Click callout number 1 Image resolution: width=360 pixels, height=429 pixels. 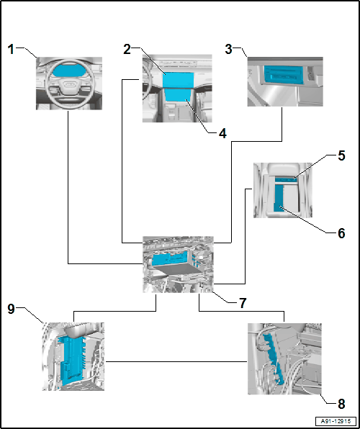[11, 50]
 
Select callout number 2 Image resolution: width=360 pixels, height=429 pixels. [127, 50]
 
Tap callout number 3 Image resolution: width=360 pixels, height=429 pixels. [229, 50]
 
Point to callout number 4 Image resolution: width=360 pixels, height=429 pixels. [222, 133]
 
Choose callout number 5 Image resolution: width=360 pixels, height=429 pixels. [341, 155]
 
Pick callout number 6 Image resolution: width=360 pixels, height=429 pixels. [341, 233]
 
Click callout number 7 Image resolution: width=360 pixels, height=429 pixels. [243, 303]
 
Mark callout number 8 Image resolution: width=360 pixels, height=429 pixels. [341, 404]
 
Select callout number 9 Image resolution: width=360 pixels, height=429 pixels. [11, 310]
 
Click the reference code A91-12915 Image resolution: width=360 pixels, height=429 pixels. [336, 420]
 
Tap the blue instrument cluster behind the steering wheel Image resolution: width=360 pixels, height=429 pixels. [67, 71]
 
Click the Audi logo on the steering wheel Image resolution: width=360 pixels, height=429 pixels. [68, 83]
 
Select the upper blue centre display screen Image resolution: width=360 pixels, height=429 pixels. [179, 80]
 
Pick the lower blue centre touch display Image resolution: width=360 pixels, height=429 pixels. [178, 95]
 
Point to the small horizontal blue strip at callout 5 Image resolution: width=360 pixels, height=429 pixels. [286, 179]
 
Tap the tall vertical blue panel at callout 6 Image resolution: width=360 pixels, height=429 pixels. [279, 198]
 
